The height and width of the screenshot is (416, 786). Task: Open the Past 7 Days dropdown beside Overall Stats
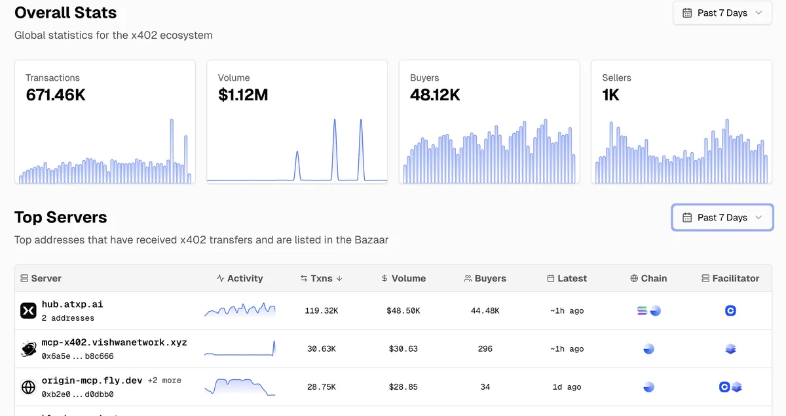point(722,13)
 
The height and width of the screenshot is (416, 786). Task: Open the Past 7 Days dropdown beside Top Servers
point(722,217)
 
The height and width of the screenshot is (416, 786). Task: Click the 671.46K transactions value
point(56,95)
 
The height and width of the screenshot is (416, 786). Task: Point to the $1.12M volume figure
point(243,95)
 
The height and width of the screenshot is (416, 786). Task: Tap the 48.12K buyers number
point(435,95)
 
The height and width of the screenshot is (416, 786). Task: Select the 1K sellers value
point(610,95)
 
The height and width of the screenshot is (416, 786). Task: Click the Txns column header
point(321,278)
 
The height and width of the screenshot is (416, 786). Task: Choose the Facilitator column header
point(730,278)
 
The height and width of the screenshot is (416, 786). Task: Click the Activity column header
point(240,278)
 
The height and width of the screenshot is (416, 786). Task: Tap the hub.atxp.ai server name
point(72,304)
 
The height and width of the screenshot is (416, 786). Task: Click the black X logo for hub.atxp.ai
point(28,310)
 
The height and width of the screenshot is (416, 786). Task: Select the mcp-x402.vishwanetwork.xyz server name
point(114,342)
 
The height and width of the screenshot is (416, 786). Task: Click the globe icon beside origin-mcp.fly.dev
point(28,387)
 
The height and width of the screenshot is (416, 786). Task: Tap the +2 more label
point(164,381)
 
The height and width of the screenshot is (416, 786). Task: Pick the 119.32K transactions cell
point(322,311)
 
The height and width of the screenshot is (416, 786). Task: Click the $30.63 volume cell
point(403,349)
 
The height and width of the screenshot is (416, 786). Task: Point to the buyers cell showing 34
point(485,387)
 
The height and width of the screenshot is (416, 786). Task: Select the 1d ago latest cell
point(567,387)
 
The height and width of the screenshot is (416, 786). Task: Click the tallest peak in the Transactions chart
point(172,120)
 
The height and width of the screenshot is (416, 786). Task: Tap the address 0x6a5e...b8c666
point(77,356)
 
